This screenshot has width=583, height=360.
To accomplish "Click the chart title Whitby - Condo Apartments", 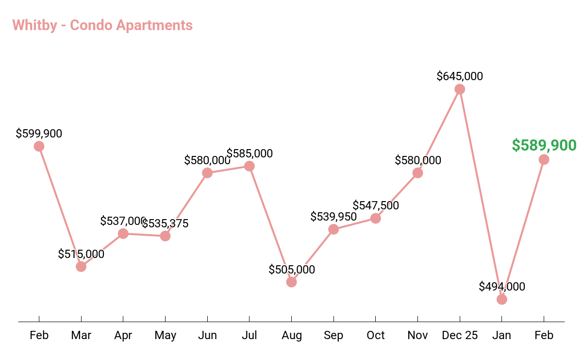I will [x=102, y=25].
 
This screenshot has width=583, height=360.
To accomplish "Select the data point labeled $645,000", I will [x=460, y=89].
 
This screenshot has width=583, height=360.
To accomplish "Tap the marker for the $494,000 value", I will [x=502, y=299].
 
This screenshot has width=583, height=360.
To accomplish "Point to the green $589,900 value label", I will [x=544, y=145].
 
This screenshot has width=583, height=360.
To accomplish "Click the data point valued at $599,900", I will [x=39, y=146].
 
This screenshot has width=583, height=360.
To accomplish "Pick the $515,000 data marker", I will [x=81, y=266].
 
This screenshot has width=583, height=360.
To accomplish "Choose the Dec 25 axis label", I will [x=460, y=335].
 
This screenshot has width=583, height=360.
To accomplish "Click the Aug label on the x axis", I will [x=291, y=335].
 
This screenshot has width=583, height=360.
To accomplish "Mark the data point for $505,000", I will [x=291, y=282].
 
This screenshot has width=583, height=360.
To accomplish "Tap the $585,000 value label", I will [x=250, y=154].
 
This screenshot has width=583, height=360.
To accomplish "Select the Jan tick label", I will [x=502, y=335].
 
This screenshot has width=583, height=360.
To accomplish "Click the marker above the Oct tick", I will [x=375, y=218].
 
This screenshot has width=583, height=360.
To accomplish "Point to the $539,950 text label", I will [x=333, y=216].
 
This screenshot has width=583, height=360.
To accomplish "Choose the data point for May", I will [x=165, y=236].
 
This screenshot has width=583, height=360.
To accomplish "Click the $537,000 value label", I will [x=123, y=221].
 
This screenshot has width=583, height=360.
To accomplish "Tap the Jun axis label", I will [x=207, y=335].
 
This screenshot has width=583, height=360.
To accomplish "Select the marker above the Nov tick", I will [x=417, y=173].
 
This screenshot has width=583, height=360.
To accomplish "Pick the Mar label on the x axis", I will [x=81, y=335].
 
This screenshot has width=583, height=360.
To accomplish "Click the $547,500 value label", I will [x=376, y=206].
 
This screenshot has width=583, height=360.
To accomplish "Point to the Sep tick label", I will [x=333, y=335].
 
